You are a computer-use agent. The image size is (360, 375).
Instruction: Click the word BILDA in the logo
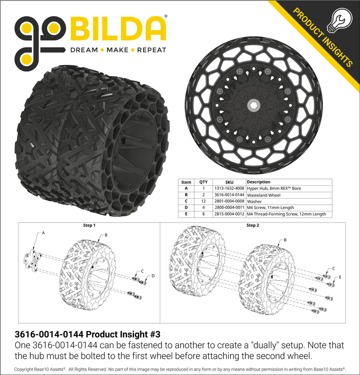pos(118,29)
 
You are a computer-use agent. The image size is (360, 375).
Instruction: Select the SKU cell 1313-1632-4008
pos(229,189)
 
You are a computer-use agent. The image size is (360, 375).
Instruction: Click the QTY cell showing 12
pos(203,201)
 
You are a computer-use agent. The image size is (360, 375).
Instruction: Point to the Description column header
pos(258,182)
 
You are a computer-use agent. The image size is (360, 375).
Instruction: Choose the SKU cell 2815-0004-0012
pos(229,214)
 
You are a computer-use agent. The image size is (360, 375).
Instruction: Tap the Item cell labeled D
pos(186,208)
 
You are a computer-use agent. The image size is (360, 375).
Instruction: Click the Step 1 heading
pos(89,225)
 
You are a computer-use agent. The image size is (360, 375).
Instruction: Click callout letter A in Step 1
pos(43,233)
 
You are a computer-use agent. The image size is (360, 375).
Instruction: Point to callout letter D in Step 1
pos(153,276)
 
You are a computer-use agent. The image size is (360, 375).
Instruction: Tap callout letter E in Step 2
pos(340,276)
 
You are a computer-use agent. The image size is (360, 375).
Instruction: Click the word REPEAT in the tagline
pos(152,50)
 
